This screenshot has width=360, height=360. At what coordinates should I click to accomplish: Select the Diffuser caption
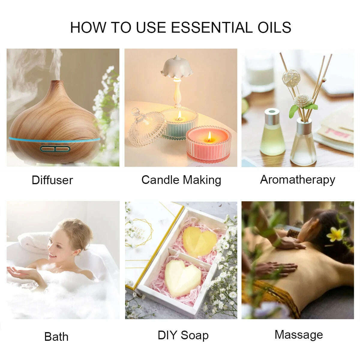[52, 180]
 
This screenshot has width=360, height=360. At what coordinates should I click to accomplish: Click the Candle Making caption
[181, 180]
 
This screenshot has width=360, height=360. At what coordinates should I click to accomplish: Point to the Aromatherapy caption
[297, 179]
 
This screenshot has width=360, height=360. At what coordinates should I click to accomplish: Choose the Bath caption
[56, 336]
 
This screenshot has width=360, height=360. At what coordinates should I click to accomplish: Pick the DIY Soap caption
[183, 335]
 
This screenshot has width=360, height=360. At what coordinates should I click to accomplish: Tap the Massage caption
[298, 334]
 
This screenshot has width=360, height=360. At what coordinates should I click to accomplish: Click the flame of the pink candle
[209, 136]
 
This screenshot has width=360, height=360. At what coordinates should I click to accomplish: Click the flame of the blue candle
[179, 115]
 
